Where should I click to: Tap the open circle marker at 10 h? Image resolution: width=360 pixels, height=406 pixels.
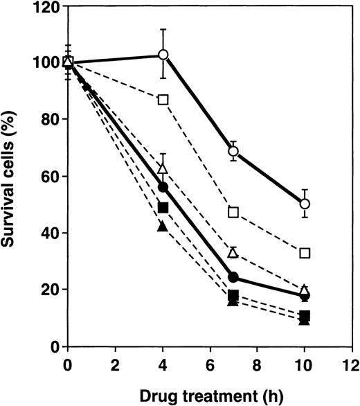[305, 204]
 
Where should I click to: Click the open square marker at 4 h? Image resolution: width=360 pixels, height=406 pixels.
[163, 99]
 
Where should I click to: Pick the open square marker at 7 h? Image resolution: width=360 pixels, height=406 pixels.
[234, 211]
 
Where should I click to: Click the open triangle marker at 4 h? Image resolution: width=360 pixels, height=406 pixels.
[163, 168]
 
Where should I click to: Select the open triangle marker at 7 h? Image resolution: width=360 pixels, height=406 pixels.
[234, 252]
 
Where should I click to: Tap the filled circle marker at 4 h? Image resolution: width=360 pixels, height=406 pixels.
[163, 187]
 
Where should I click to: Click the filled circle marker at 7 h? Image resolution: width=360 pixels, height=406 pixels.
[234, 277]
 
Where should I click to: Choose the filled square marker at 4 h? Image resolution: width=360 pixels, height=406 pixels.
[163, 207]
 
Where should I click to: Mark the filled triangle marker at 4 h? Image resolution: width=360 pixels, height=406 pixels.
[163, 227]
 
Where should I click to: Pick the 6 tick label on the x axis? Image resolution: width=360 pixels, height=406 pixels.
[210, 364]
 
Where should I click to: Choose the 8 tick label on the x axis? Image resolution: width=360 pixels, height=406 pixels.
[258, 364]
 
